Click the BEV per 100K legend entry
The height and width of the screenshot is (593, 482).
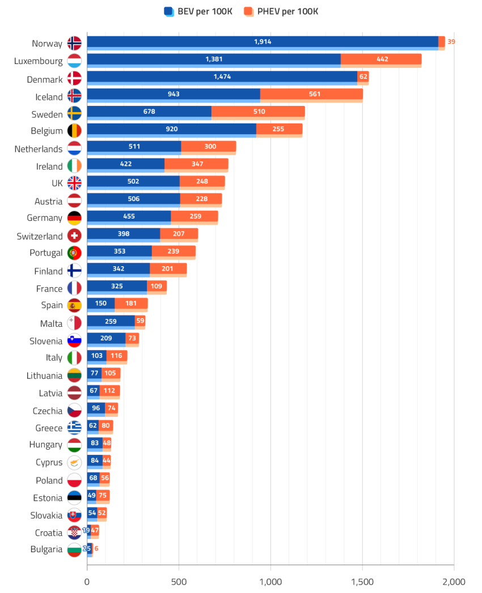click(x=198, y=11)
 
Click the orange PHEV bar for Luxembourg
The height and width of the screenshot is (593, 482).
click(x=381, y=60)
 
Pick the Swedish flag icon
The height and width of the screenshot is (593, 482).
click(x=74, y=113)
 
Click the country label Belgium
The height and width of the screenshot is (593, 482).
click(x=48, y=131)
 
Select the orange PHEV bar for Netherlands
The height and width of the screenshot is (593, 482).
click(x=208, y=147)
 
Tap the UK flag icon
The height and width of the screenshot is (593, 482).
click(x=74, y=183)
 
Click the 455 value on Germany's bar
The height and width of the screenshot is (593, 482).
click(x=129, y=216)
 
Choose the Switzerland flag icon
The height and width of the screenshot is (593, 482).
click(x=74, y=235)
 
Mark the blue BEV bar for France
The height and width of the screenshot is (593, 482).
click(x=117, y=287)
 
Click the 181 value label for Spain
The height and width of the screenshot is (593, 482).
click(x=131, y=304)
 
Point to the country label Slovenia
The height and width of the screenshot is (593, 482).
click(x=46, y=341)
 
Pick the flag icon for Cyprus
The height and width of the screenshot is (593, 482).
click(x=74, y=462)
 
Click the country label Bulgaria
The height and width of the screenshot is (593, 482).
click(x=46, y=549)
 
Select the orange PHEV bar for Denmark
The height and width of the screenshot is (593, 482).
click(x=363, y=77)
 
